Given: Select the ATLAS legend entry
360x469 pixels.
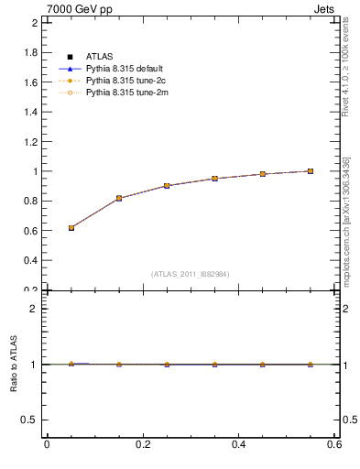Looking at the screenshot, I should [x=100, y=57].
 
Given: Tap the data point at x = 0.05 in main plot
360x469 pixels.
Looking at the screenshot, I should [x=71, y=227].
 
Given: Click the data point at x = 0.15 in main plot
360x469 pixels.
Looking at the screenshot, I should [x=119, y=198].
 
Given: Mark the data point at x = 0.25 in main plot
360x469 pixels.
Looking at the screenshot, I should [x=167, y=186].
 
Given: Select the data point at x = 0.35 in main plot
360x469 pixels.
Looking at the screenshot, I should [x=214, y=179].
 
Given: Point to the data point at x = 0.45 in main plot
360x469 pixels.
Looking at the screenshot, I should [x=263, y=174].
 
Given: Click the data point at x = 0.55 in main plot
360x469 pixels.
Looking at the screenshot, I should [x=311, y=171].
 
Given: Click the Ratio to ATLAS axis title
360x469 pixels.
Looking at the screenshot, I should [x=15, y=365].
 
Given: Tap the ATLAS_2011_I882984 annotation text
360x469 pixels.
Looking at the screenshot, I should [x=191, y=274].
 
